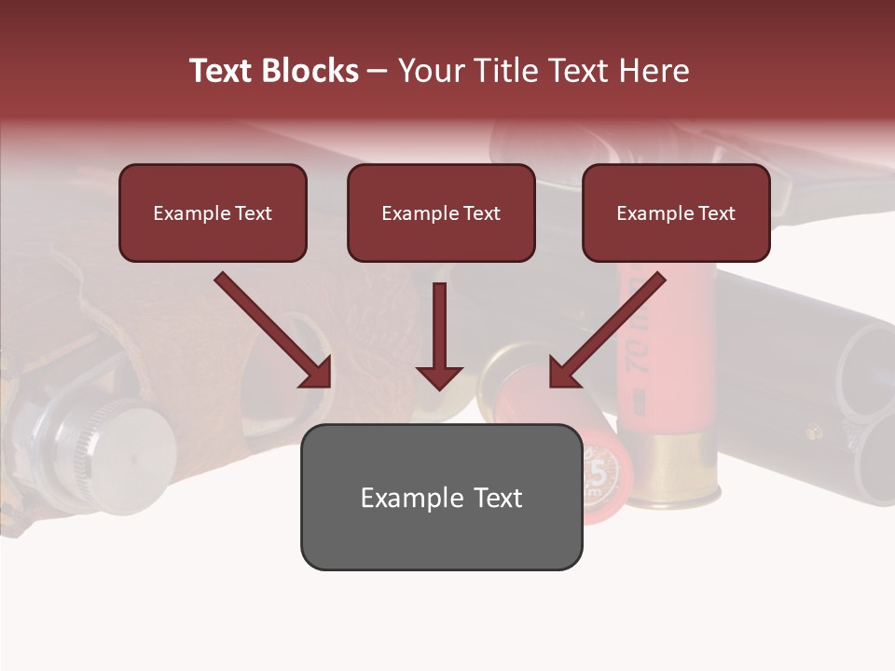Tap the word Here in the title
[654, 71]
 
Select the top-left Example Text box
[213, 212]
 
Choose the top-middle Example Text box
[441, 212]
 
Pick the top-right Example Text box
[676, 212]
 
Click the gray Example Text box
[441, 497]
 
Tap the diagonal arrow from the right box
[607, 330]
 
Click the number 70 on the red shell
[637, 352]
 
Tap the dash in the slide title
[378, 71]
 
